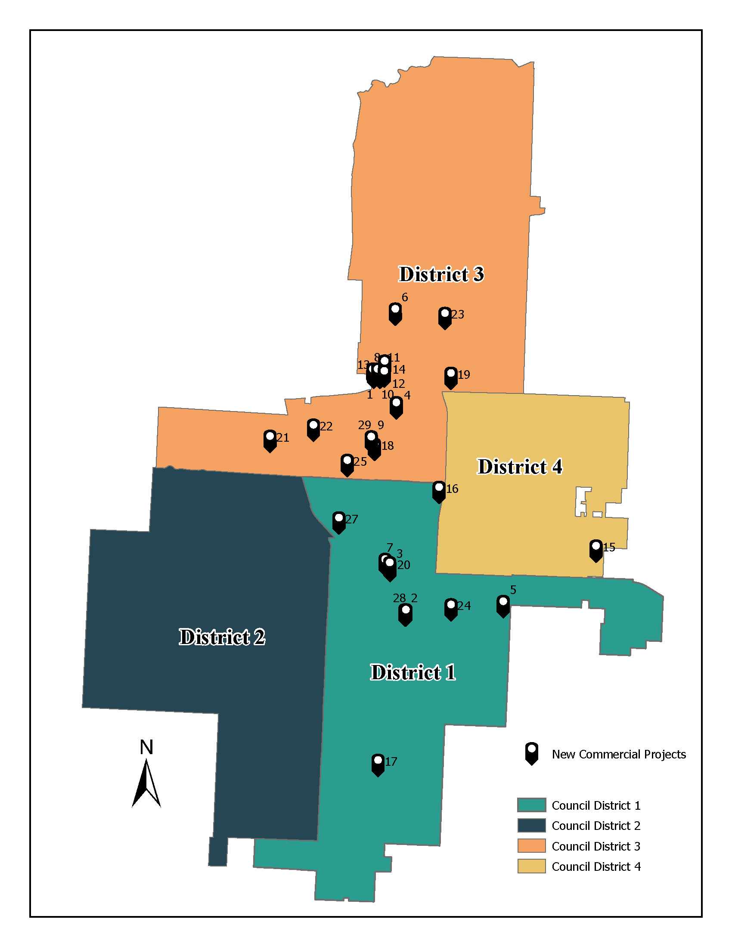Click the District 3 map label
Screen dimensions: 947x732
[441, 275]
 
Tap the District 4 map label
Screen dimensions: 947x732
[520, 467]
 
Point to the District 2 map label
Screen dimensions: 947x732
[222, 637]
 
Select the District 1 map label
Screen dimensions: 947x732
[413, 672]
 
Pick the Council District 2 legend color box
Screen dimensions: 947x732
[531, 826]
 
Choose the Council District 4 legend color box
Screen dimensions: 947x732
[531, 867]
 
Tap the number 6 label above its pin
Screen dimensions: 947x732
[404, 297]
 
